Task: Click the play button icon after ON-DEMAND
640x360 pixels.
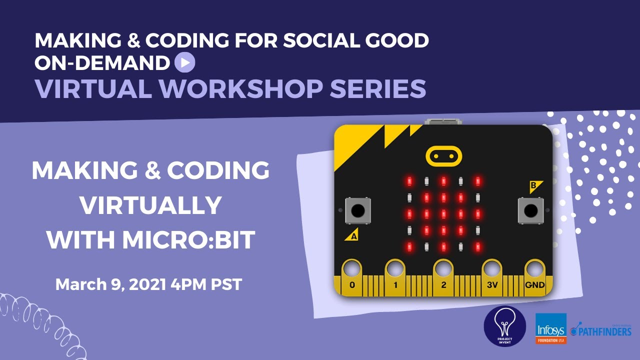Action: coord(185,62)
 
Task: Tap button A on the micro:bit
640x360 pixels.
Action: coord(358,210)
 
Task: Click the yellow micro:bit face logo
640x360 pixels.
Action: coord(443,156)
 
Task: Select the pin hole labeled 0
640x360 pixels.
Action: coord(352,269)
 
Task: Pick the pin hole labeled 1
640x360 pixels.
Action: coord(395,269)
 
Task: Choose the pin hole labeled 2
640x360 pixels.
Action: coord(443,269)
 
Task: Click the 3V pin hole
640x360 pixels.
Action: coord(491,269)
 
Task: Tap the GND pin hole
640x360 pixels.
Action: coord(534,269)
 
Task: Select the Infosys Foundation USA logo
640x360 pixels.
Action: coord(551,328)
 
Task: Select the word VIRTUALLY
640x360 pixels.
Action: coord(151,205)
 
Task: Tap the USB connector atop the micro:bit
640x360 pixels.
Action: coord(442,121)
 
